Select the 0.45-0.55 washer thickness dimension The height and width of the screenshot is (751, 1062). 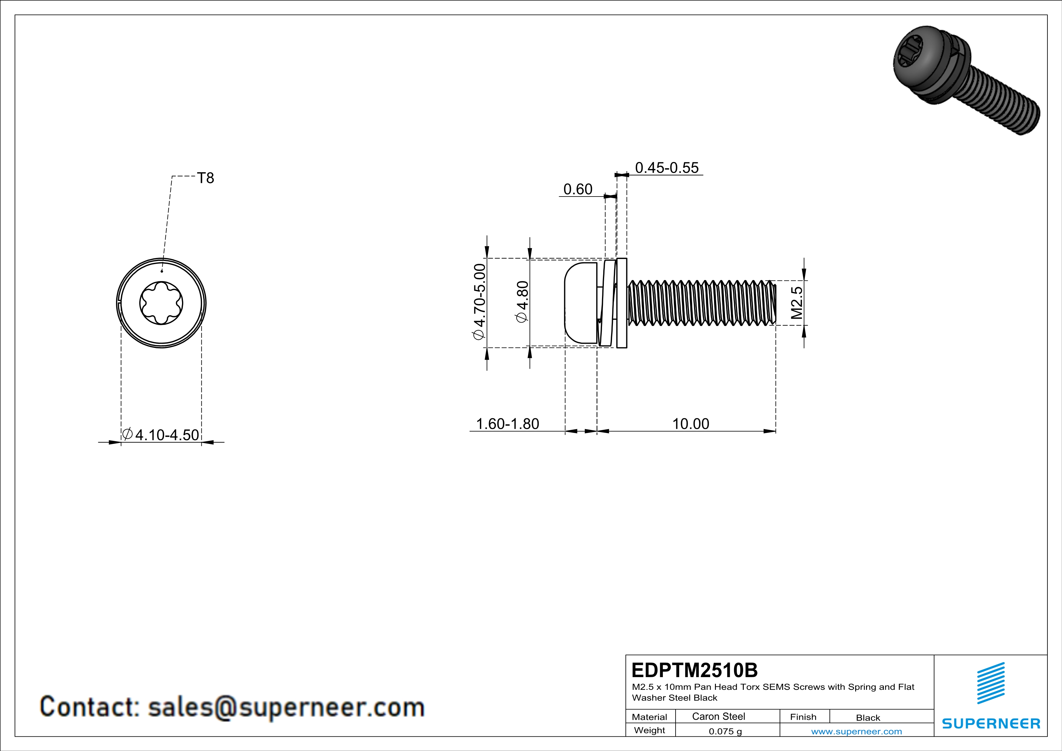667,167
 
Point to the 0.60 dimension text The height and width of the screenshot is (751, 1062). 578,189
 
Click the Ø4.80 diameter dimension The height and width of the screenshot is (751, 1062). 522,302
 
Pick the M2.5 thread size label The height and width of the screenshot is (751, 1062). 796,303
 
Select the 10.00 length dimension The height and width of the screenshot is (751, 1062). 690,424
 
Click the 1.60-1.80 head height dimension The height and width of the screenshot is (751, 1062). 508,424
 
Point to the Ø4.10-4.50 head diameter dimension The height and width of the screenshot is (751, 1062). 161,435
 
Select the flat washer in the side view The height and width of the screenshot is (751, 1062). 622,303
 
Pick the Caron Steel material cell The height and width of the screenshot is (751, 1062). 718,716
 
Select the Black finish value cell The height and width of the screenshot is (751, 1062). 868,718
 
